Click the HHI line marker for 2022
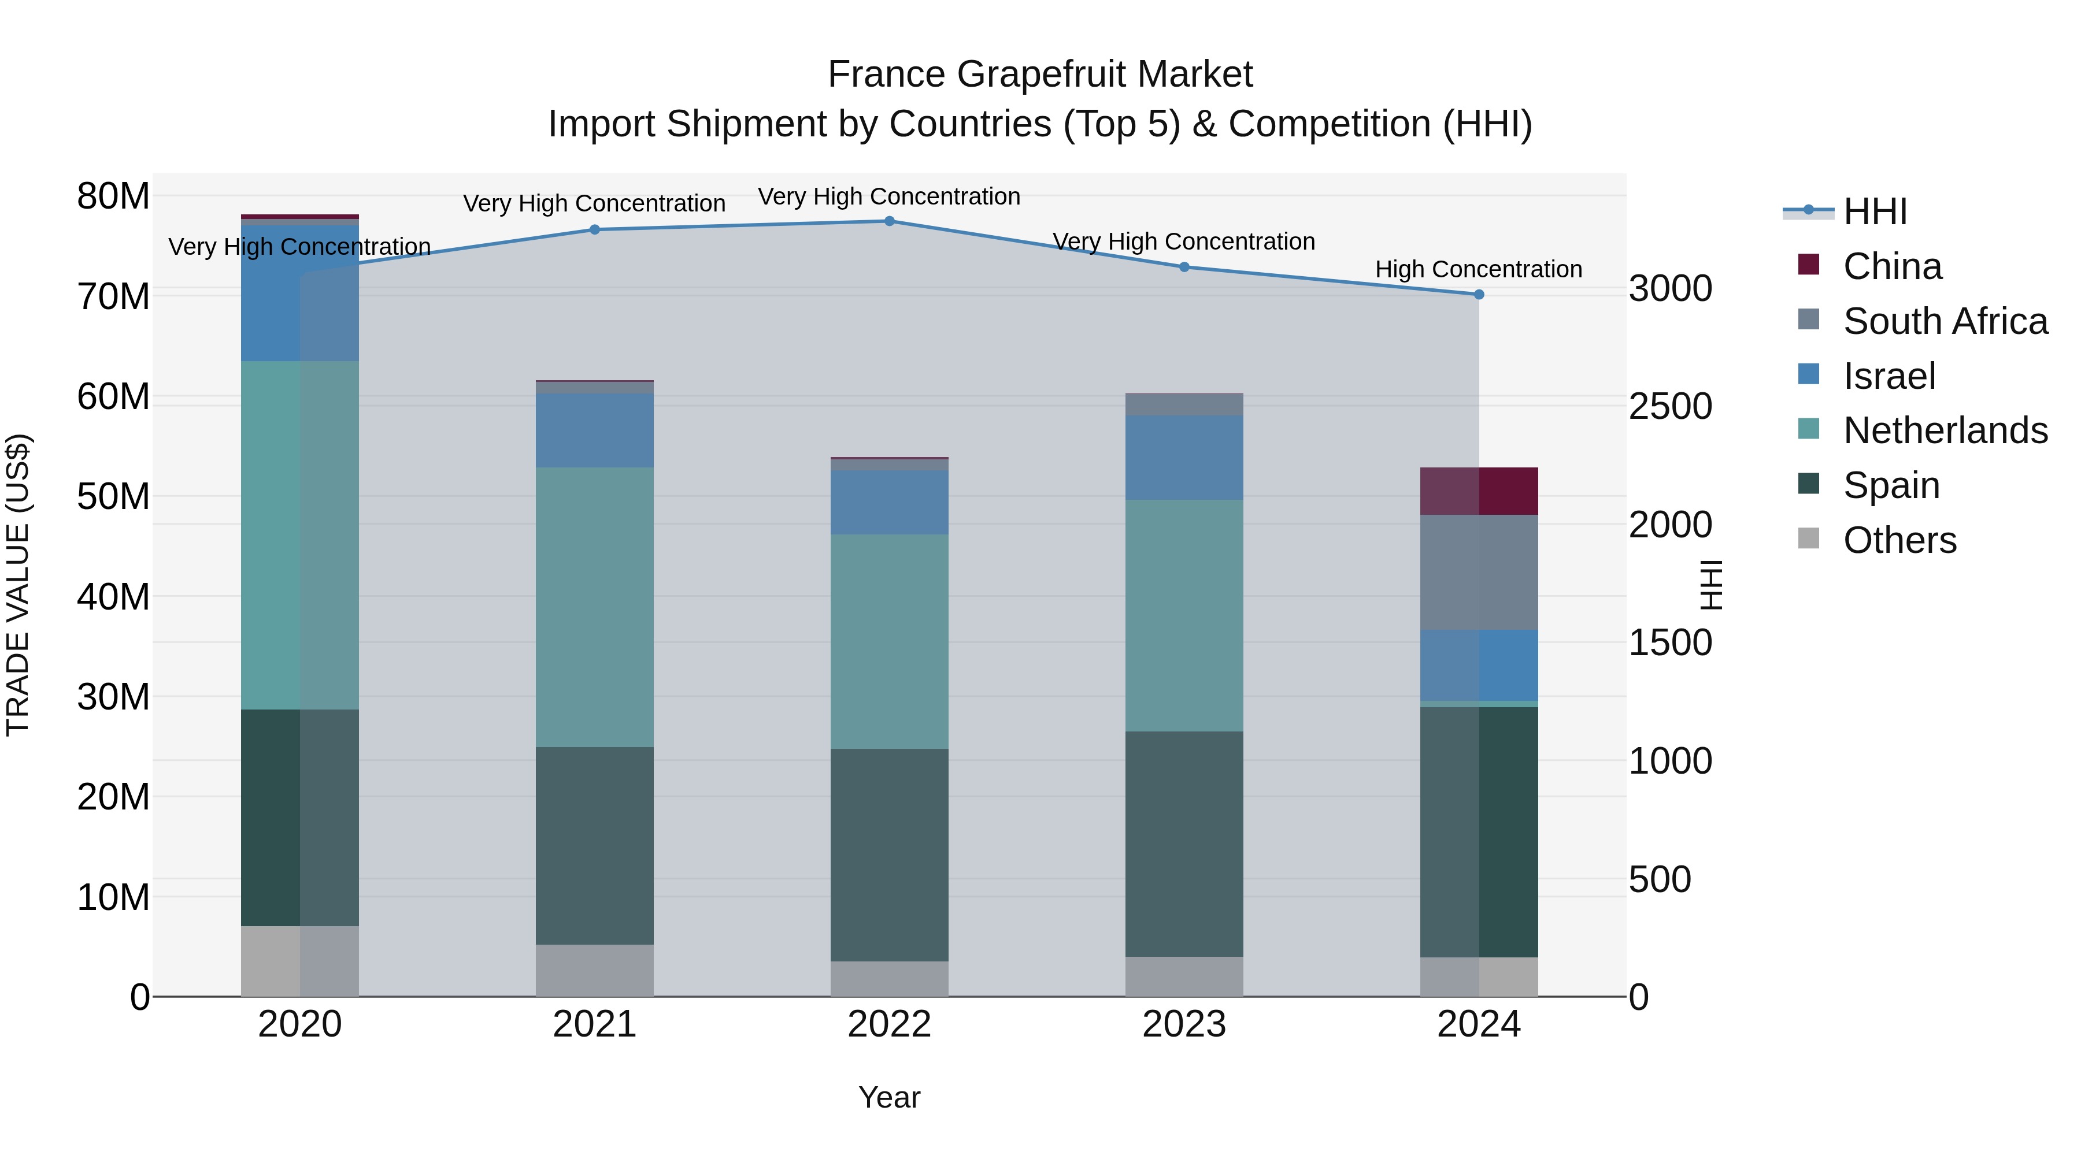point(890,221)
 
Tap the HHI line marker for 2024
point(1479,295)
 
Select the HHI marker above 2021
point(595,229)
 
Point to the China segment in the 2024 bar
point(1479,491)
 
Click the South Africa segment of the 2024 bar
point(1479,573)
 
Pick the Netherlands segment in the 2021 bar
point(595,607)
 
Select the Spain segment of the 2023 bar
point(1184,844)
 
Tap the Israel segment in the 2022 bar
point(890,502)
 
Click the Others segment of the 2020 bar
point(299,961)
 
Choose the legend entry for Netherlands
point(1945,430)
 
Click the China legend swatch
point(1809,265)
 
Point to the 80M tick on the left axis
point(113,196)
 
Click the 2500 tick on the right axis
point(1670,406)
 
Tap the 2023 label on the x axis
point(1184,1024)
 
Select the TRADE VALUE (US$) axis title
point(18,585)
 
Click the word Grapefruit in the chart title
point(1040,75)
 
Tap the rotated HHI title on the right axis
point(1712,585)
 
